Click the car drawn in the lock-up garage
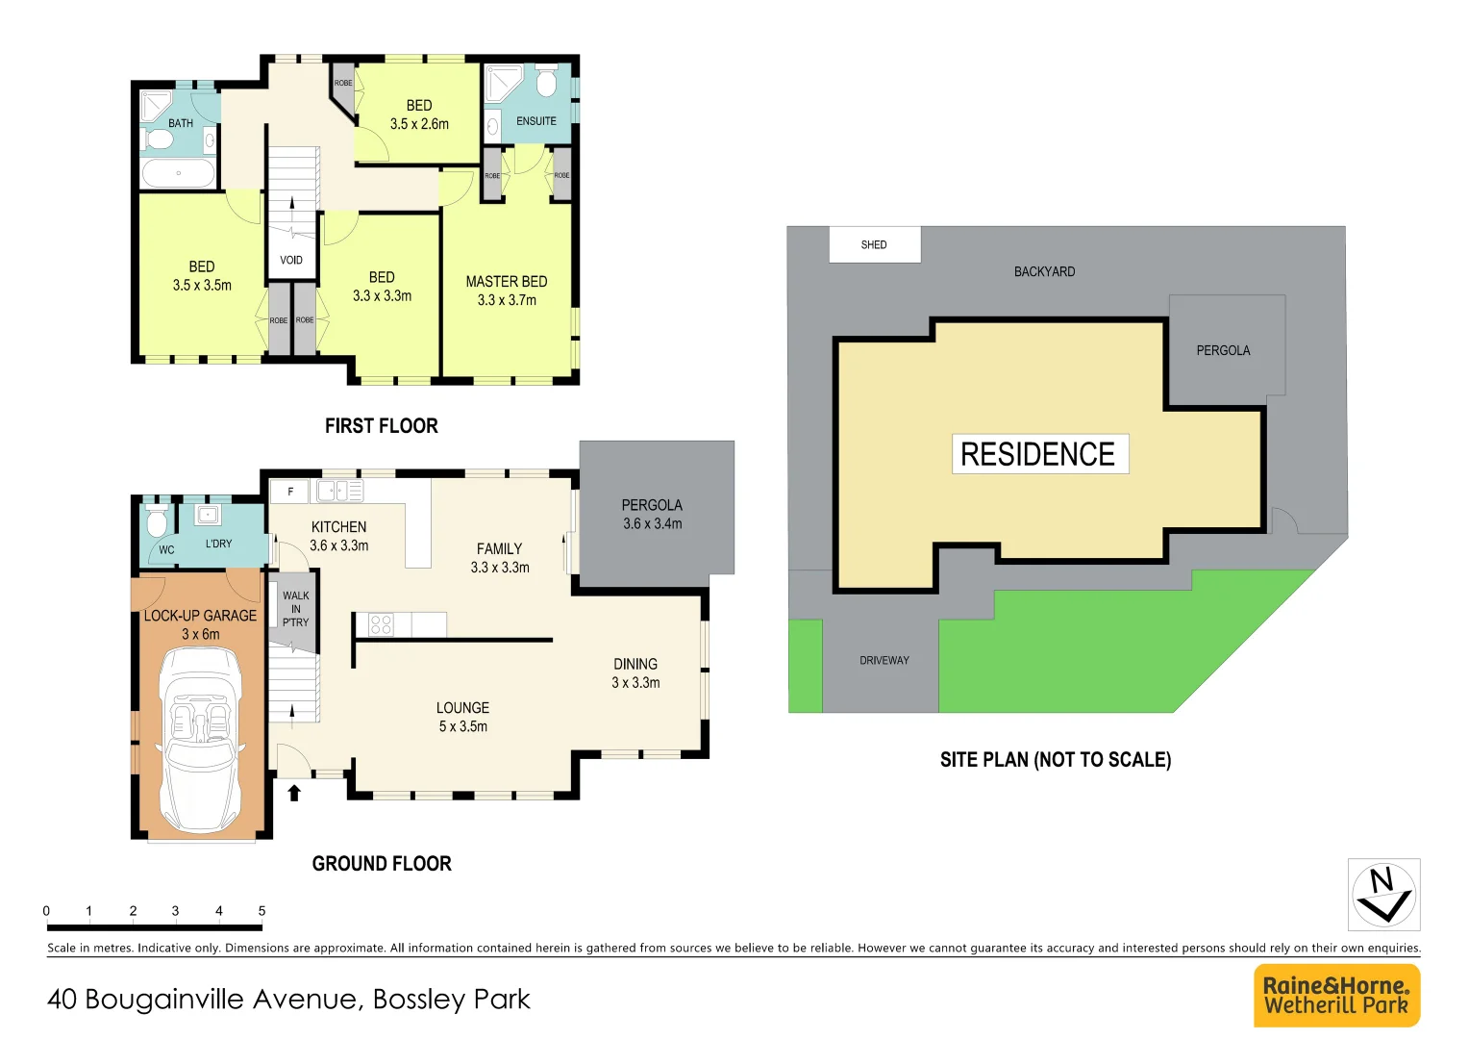click(x=201, y=736)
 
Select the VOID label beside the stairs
click(x=291, y=260)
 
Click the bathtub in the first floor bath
click(x=179, y=174)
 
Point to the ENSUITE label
click(x=535, y=121)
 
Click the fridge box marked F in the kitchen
click(x=289, y=492)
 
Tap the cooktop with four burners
click(x=381, y=624)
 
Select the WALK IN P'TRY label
click(x=296, y=609)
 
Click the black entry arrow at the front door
click(x=294, y=792)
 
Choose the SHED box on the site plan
click(x=874, y=244)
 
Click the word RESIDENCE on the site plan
click(x=1038, y=454)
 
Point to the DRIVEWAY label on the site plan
click(x=884, y=661)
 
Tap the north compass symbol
click(x=1383, y=894)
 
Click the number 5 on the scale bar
click(x=261, y=910)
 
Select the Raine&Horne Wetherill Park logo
click(x=1336, y=996)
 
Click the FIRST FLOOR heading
click(x=381, y=425)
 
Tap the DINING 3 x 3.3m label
click(x=635, y=673)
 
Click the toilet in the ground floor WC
click(x=157, y=523)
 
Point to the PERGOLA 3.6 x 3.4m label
click(x=652, y=515)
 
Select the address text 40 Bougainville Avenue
click(x=288, y=1000)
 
